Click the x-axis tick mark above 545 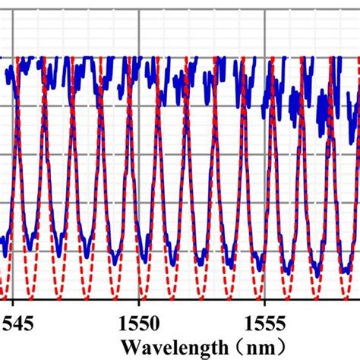pyautogui.click(x=13, y=303)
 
